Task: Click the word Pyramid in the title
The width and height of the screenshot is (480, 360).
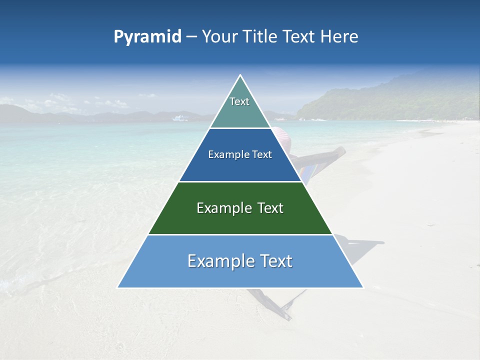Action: pos(147,37)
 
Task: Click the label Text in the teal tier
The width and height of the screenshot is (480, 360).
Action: pos(239,101)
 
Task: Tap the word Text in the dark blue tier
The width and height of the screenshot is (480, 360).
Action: pos(262,155)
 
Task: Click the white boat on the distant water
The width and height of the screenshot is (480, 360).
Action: pos(180,118)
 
